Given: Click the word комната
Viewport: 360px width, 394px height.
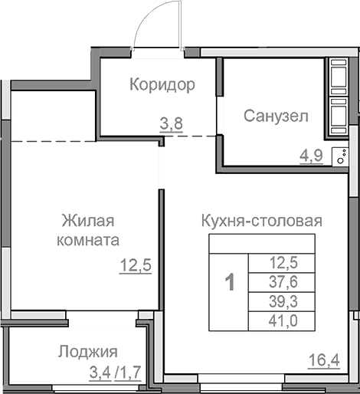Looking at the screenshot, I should [88, 240].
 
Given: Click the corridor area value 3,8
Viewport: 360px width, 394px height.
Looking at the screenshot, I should [170, 122].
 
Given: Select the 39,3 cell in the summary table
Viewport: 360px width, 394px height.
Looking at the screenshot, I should [283, 300].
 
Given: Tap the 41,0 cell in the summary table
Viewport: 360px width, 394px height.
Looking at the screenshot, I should [283, 320].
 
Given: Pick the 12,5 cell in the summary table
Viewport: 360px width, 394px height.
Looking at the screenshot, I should [283, 262].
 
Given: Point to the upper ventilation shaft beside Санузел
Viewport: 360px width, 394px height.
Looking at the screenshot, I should [338, 79].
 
